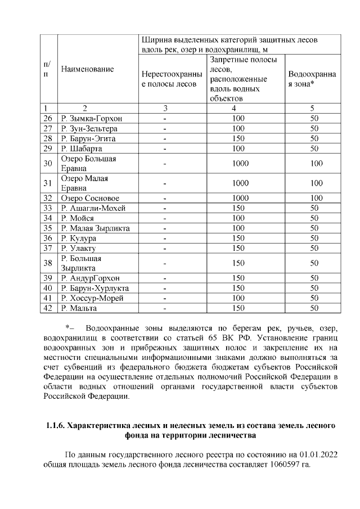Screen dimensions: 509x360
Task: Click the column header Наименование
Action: [87, 69]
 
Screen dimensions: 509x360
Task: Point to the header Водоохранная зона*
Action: [312, 79]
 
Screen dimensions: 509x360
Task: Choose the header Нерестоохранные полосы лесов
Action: [169, 79]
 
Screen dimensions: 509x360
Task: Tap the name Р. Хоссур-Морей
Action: [92, 298]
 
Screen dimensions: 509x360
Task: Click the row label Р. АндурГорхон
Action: [91, 278]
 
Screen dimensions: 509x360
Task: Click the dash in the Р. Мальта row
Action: [165, 308]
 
